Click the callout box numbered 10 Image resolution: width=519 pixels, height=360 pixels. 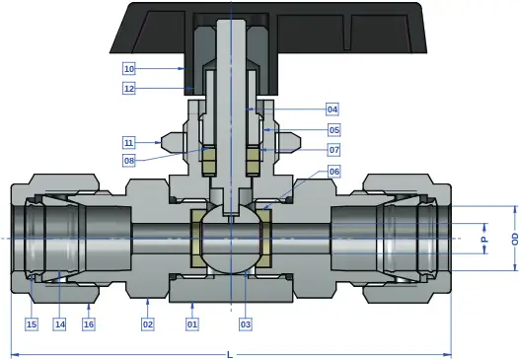pos(129,69)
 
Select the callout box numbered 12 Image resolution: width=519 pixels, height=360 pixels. pos(129,89)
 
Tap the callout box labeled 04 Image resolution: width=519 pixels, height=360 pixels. pos(333,109)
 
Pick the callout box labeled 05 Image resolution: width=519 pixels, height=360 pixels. pos(334,130)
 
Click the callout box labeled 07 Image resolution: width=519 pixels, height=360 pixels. pos(334,150)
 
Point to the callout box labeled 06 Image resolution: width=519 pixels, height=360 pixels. pos(334,172)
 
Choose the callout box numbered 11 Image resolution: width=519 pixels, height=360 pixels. pos(128,143)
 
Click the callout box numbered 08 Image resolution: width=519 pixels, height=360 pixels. pos(129,161)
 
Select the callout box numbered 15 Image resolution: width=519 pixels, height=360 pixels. pos(32,324)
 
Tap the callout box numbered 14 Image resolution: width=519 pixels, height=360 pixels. pos(60,324)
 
